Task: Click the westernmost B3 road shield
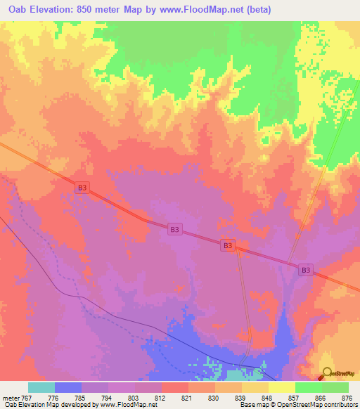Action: (x=83, y=187)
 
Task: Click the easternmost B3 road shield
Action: (x=306, y=269)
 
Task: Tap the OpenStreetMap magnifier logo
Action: (x=327, y=375)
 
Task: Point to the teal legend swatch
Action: (x=41, y=387)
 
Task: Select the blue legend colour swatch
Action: (x=68, y=387)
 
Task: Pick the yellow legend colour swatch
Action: (x=282, y=387)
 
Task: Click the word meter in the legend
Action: (x=12, y=398)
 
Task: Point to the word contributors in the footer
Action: (x=340, y=405)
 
